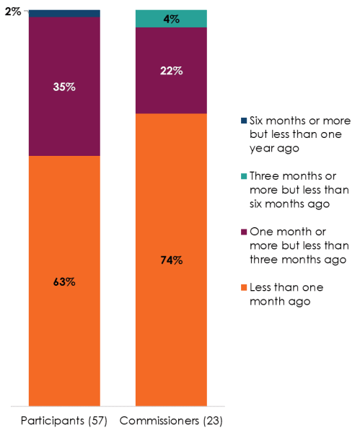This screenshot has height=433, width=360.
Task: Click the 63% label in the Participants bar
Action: [64, 281]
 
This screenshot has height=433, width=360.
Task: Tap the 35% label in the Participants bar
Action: [64, 87]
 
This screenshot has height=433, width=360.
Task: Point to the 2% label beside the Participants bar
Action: [12, 12]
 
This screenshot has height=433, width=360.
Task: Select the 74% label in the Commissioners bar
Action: [172, 260]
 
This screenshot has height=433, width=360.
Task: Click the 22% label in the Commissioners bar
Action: [172, 71]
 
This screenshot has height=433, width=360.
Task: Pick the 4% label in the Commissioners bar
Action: [172, 19]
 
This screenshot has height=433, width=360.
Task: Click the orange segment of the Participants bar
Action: [64, 339]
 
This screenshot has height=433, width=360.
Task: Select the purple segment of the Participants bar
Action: [64, 123]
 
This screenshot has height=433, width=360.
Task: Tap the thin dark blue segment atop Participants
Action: [64, 14]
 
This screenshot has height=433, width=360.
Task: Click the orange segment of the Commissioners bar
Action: [172, 332]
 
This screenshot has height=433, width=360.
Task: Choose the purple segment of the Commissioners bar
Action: [172, 94]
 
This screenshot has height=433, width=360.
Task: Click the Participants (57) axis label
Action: [64, 421]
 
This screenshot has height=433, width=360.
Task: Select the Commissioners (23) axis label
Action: [172, 421]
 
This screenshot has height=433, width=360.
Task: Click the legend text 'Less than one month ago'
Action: [286, 294]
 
